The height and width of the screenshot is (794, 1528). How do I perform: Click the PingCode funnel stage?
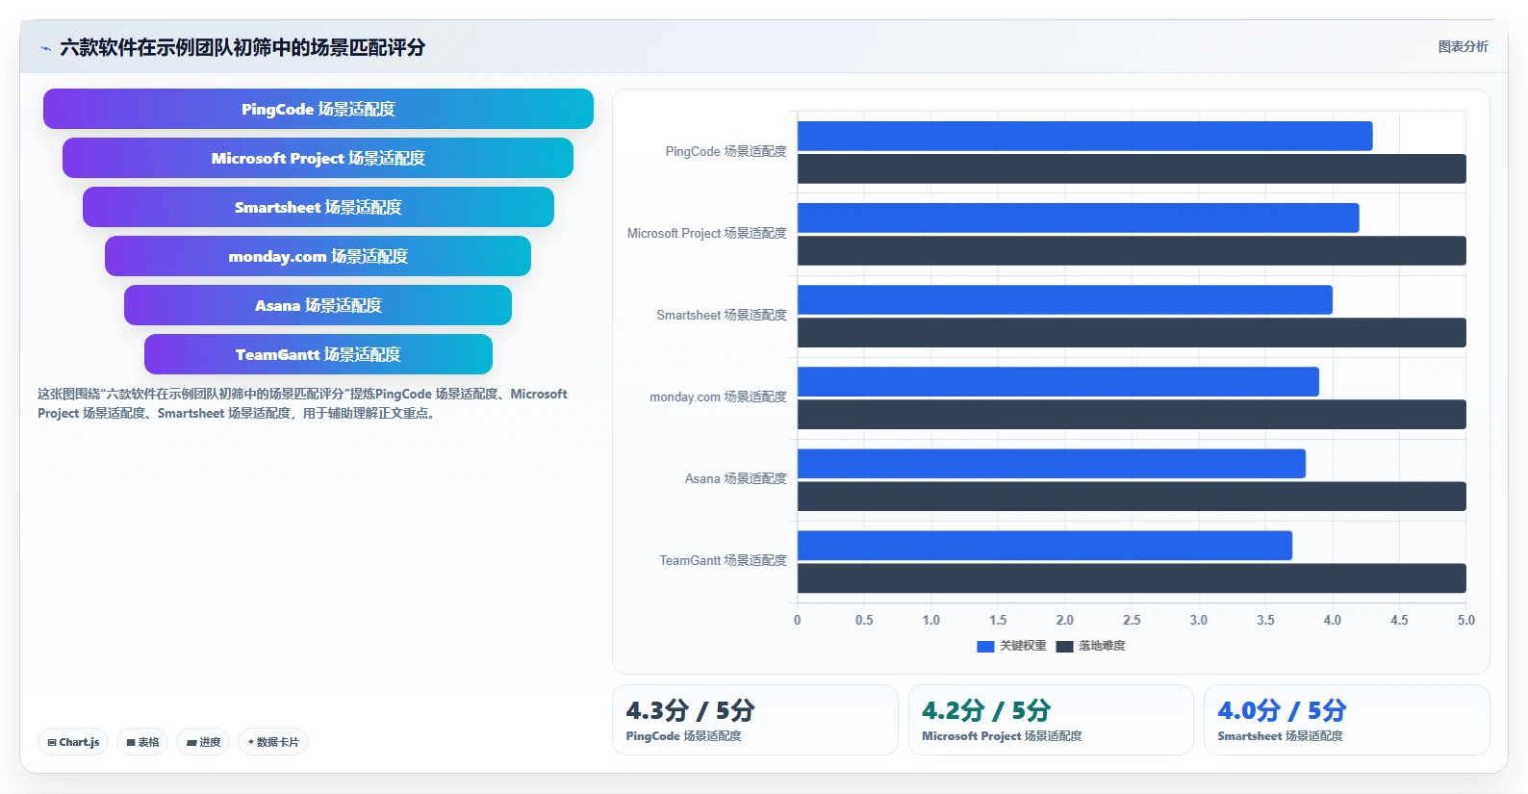[318, 109]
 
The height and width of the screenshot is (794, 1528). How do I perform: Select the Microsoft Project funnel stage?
[318, 158]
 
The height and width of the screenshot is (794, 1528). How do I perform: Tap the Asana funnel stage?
[318, 305]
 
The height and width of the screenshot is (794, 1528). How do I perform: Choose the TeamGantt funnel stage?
[318, 354]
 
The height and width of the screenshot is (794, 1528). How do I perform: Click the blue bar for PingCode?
[1084, 136]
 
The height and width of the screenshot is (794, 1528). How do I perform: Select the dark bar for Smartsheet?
[1132, 332]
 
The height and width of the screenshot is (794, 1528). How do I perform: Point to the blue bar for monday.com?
[1058, 381]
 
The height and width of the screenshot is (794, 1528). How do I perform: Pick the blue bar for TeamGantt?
[1044, 546]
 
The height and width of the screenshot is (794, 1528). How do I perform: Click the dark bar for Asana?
[1132, 496]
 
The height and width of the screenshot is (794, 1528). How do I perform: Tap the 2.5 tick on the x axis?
[1132, 620]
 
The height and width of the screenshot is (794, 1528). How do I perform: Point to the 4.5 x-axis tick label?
[1399, 620]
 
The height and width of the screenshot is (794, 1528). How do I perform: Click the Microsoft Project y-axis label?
[706, 233]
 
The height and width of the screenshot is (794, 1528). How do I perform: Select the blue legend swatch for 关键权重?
[985, 646]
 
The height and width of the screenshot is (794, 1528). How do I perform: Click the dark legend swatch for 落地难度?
[1064, 646]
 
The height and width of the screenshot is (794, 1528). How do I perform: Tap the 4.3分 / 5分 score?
[690, 711]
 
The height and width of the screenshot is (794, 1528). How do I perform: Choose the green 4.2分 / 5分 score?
[985, 711]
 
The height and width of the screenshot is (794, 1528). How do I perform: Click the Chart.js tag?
[73, 742]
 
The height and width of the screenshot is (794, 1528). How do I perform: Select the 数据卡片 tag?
[273, 742]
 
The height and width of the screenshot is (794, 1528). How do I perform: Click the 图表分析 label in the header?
[1464, 46]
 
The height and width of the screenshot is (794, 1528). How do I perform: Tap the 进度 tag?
[203, 742]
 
